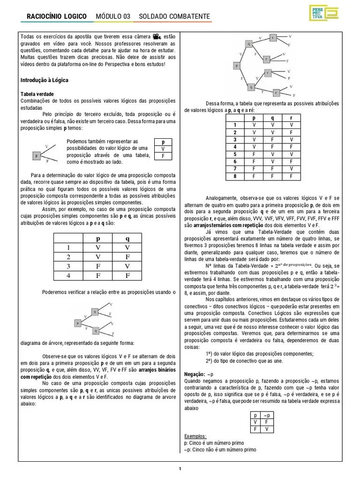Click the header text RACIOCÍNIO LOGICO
(x=57, y=17)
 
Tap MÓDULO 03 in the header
(x=113, y=17)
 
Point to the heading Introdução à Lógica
(x=45, y=80)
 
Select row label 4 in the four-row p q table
(x=67, y=276)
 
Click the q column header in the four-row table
(x=127, y=238)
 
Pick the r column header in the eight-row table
(x=291, y=119)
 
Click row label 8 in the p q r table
(x=235, y=176)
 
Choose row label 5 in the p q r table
(x=235, y=154)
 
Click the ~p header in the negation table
(x=266, y=415)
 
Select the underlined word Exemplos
(x=195, y=436)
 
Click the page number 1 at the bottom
(x=180, y=468)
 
